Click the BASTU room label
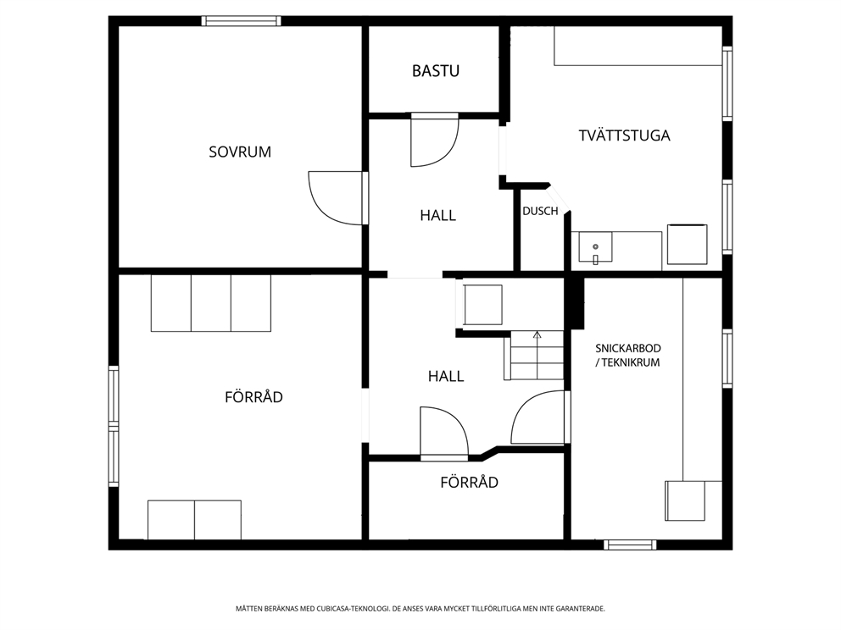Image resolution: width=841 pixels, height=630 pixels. tap(436, 71)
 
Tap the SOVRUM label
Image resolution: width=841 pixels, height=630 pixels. tap(240, 152)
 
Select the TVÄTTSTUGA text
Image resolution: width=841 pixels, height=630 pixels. tap(624, 135)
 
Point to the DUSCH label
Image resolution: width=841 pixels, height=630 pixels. tap(540, 212)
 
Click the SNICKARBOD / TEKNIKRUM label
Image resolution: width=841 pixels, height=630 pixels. tap(627, 355)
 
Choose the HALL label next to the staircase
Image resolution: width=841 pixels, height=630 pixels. tap(446, 376)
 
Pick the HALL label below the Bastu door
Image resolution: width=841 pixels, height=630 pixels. tap(437, 216)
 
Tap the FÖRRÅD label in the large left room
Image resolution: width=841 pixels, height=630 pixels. tap(253, 397)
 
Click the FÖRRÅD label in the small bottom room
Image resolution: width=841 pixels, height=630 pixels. tap(469, 483)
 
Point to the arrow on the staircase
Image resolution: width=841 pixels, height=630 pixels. tap(537, 335)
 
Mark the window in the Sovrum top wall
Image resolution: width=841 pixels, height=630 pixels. tap(241, 21)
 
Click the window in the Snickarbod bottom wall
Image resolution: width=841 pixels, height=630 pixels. tap(630, 544)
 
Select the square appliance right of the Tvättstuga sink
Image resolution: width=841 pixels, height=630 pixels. tap(687, 245)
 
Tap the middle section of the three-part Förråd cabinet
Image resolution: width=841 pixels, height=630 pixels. tap(211, 302)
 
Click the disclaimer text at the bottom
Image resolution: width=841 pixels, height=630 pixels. tap(420, 609)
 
